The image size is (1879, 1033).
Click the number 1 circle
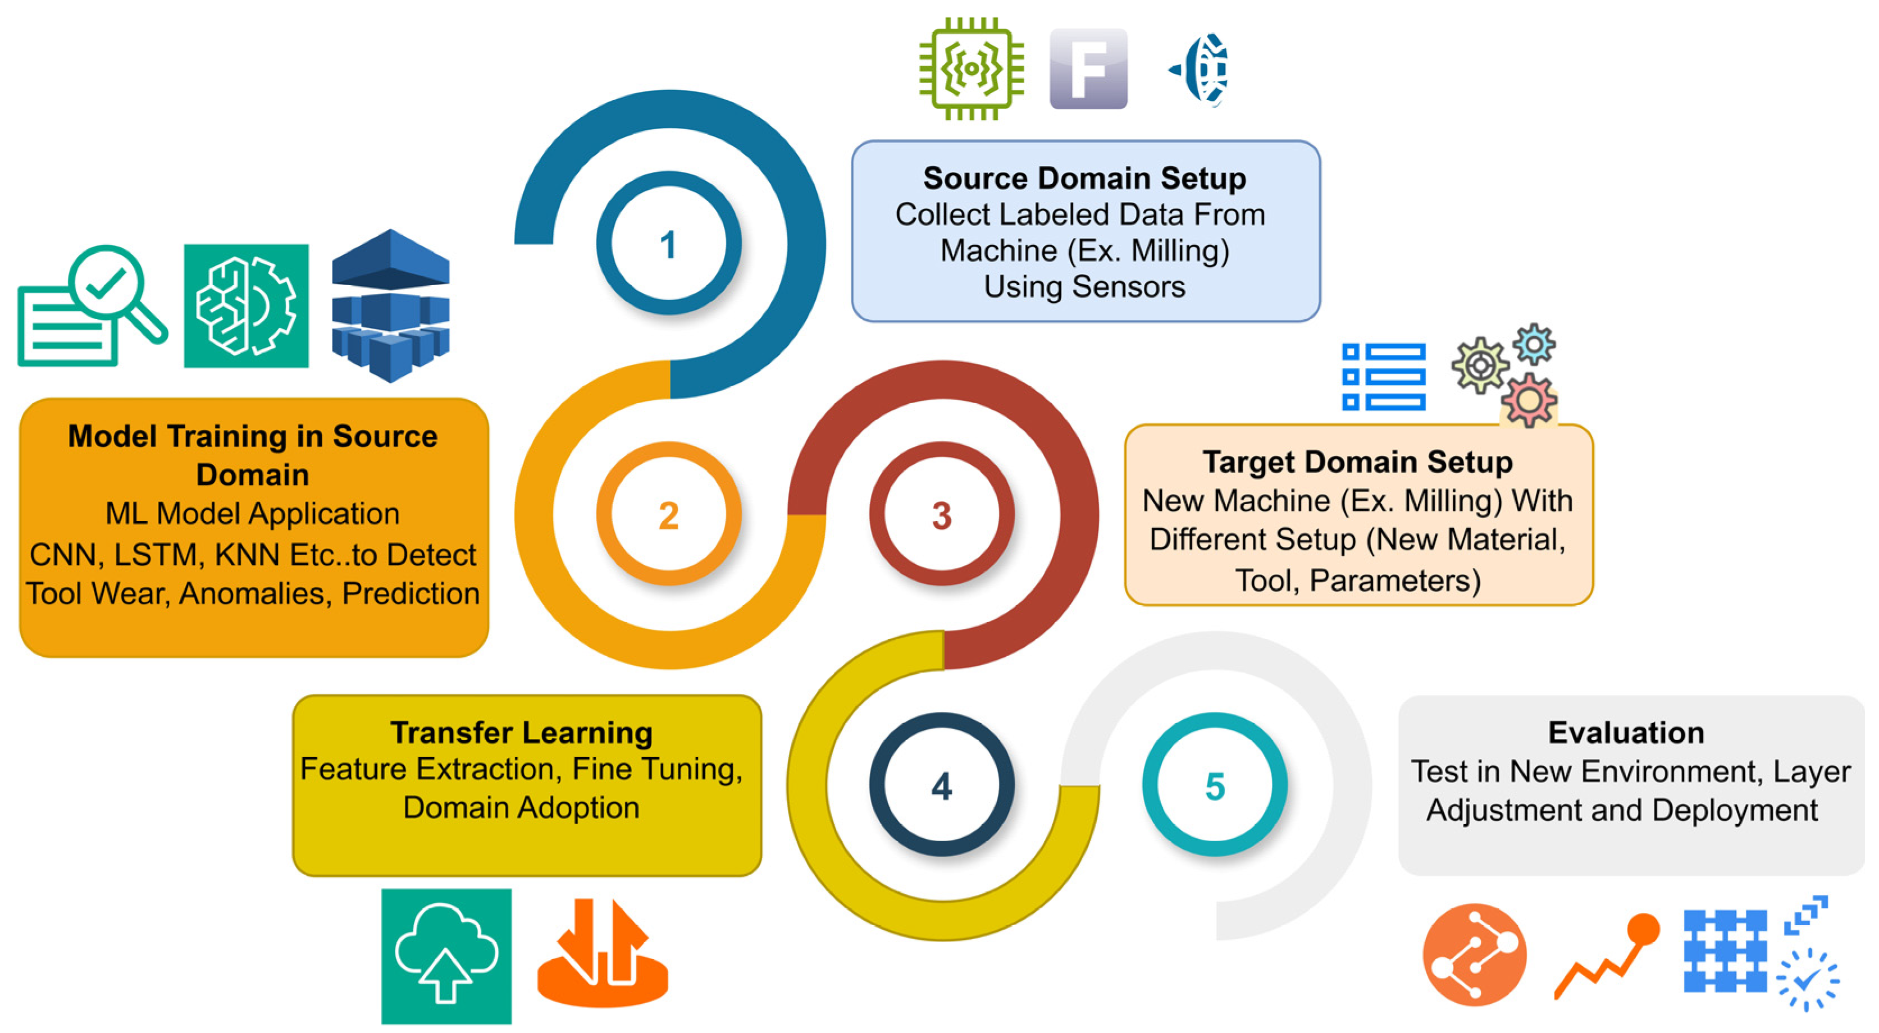point(668,244)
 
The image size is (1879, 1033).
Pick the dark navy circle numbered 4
point(941,786)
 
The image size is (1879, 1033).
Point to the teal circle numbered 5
point(1215,786)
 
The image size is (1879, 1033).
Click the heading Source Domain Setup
point(1084,178)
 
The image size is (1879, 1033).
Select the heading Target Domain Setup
point(1357,461)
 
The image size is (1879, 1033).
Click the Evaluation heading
point(1626,732)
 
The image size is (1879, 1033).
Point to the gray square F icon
point(1088,68)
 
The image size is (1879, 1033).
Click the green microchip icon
point(972,68)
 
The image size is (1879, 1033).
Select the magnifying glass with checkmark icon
point(91,306)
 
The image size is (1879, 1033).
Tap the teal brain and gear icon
point(246,305)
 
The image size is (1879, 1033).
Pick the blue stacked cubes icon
point(390,305)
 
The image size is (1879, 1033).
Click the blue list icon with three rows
point(1384,377)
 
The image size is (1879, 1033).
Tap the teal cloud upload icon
point(446,956)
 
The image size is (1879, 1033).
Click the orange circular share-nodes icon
point(1474,954)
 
